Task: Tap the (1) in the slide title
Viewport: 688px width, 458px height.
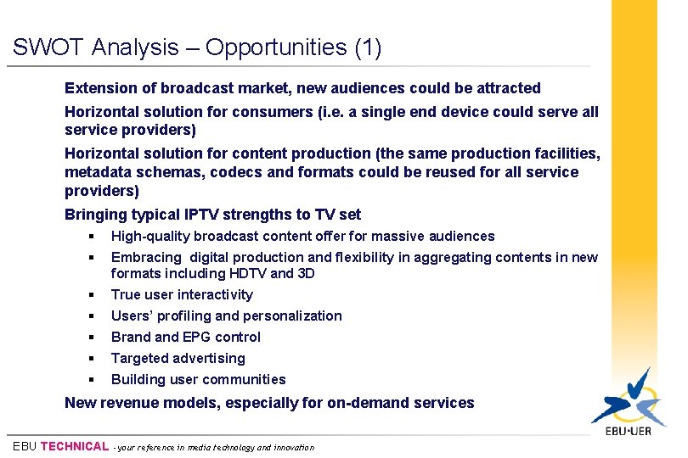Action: [367, 48]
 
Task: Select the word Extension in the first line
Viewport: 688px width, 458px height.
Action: [98, 88]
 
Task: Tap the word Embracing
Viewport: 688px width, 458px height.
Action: [146, 258]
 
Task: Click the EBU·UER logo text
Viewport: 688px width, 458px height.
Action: [629, 432]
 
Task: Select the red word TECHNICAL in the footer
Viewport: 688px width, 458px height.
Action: [75, 446]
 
